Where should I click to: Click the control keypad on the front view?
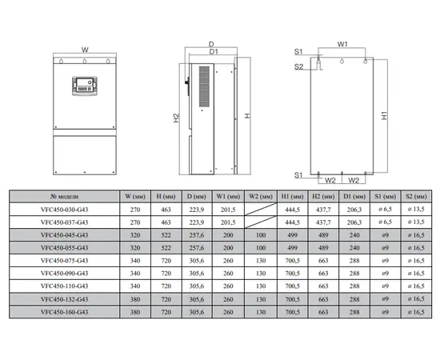[x=85, y=86]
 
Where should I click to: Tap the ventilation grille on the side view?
[x=204, y=86]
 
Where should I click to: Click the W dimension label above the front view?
[x=85, y=50]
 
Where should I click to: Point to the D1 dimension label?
[x=214, y=52]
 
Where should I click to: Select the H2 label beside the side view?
[x=176, y=118]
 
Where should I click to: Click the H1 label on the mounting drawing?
[x=384, y=116]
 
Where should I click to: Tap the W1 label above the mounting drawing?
[x=342, y=44]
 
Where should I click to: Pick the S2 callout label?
[x=298, y=66]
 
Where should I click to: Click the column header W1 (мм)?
[x=228, y=197]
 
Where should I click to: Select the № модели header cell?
[x=65, y=197]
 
